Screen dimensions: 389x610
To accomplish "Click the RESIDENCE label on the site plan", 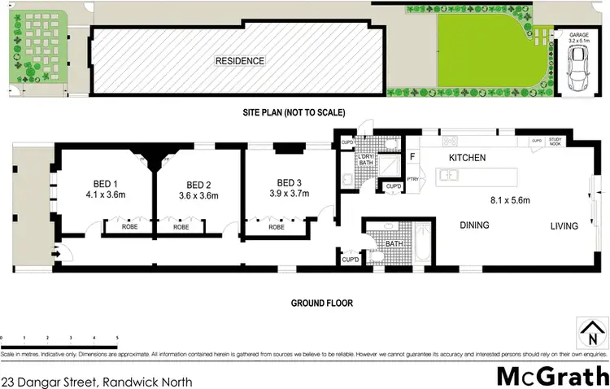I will pos(239,61).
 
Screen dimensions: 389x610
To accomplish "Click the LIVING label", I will pos(564,225).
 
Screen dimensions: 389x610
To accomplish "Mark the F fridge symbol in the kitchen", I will pos(412,156).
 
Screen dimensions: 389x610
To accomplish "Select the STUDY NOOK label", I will pos(556,142).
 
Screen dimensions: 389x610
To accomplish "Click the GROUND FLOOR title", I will pos(322,303).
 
